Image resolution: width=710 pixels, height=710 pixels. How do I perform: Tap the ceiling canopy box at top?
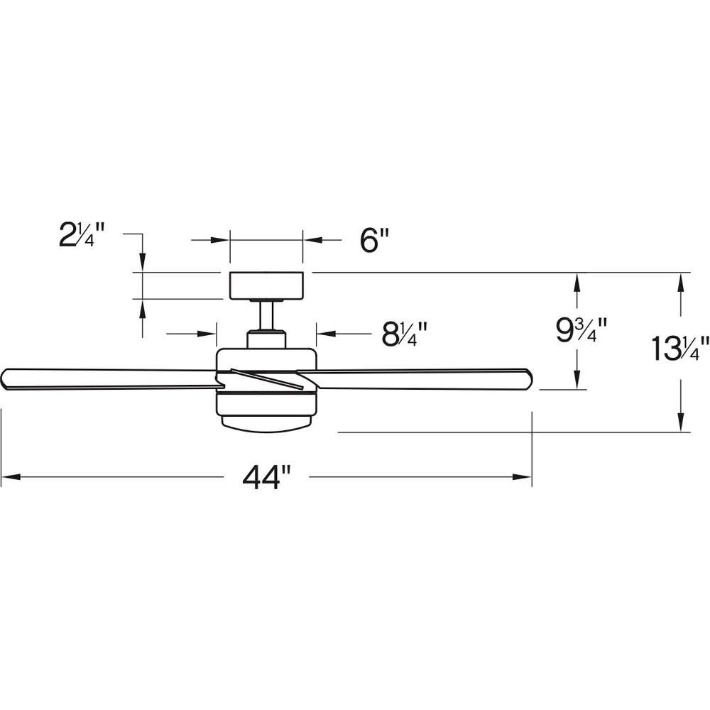coord(266,285)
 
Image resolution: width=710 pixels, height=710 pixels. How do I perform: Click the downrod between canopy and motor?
coord(266,315)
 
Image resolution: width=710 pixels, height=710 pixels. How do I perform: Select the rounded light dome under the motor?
coord(266,422)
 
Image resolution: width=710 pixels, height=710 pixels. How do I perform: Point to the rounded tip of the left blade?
coord(4,378)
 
